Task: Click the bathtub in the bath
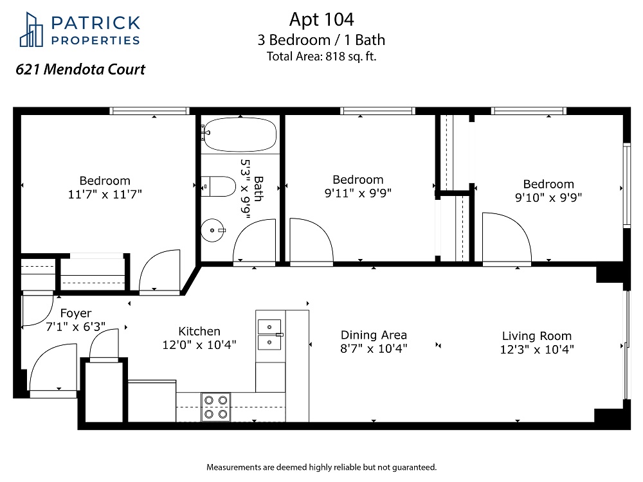240,134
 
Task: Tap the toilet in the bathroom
218,186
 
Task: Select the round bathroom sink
212,230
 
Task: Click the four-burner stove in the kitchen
215,407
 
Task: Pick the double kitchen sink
269,334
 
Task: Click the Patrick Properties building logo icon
31,30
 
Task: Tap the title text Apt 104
321,19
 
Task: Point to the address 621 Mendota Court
80,69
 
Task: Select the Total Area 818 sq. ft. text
321,56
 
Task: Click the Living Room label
537,335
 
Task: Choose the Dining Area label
374,335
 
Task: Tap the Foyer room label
76,313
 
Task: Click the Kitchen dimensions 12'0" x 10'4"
199,344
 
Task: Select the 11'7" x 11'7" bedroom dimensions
105,194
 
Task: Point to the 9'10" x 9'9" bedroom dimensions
548,197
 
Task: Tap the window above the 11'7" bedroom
150,111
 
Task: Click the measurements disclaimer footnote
321,467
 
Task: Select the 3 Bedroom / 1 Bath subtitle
321,40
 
